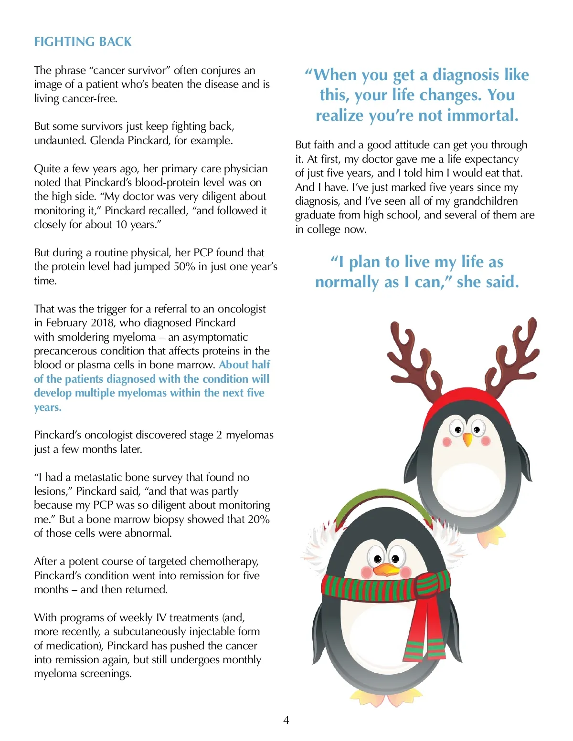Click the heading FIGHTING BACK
pyautogui.click(x=83, y=42)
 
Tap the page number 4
pyautogui.click(x=286, y=720)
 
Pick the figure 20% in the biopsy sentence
pyautogui.click(x=259, y=519)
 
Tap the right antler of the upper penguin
pyautogui.click(x=516, y=355)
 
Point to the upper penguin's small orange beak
pyautogui.click(x=467, y=439)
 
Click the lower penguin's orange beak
pyautogui.click(x=387, y=570)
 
